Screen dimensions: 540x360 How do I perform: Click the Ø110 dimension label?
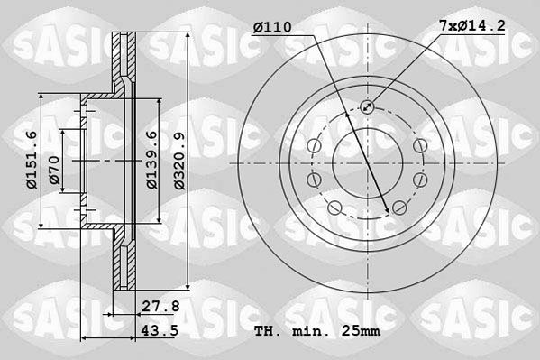[x=272, y=27]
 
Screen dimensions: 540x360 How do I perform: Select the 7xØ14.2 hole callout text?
[x=471, y=25]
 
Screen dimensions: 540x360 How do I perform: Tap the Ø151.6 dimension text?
[x=32, y=160]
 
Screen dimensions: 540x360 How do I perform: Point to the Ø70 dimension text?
[x=54, y=170]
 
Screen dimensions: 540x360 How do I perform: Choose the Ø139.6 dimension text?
[x=151, y=160]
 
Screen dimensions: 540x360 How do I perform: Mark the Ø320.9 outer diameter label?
[x=179, y=161]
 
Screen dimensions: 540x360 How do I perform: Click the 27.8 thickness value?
[x=161, y=306]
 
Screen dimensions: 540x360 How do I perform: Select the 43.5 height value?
[x=160, y=331]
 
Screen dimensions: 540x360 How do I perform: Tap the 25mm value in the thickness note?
[x=361, y=331]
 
